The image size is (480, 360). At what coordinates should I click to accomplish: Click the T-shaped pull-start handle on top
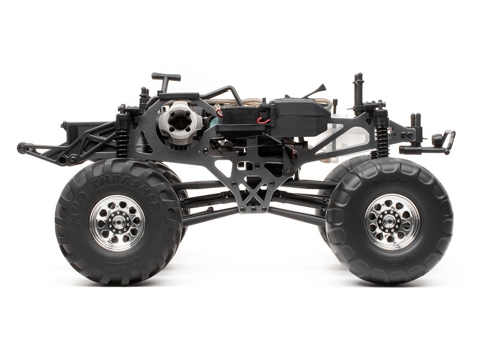coord(166,77)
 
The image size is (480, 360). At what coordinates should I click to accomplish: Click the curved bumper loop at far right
coord(449,139)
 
